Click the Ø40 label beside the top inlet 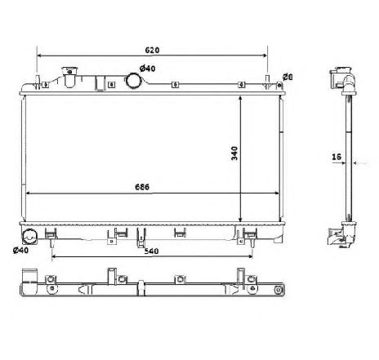[148, 69]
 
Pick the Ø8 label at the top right [287, 77]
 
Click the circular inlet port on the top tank [133, 81]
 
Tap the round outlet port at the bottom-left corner [29, 238]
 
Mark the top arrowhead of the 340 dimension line [240, 96]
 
